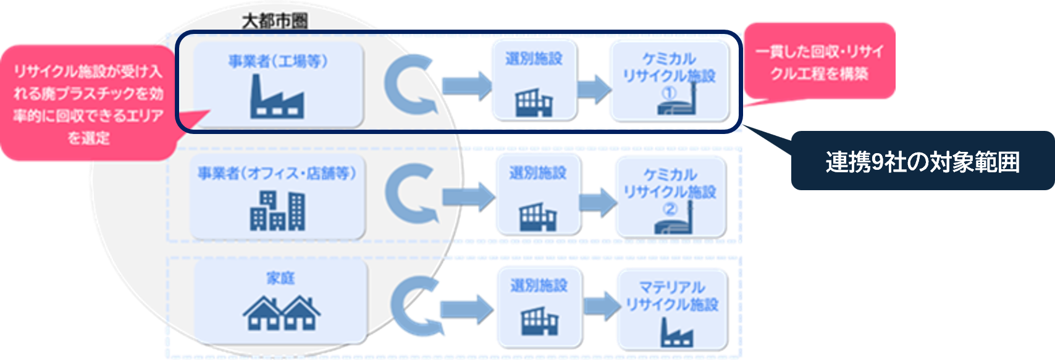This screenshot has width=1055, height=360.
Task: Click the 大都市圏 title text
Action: point(275,21)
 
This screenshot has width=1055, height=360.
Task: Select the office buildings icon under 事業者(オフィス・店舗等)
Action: point(277,211)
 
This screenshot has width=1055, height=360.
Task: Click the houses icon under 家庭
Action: point(281,313)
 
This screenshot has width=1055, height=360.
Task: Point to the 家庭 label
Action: point(280,278)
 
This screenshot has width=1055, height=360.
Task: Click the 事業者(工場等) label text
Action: point(278,61)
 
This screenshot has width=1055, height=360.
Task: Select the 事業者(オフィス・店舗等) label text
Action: point(277,174)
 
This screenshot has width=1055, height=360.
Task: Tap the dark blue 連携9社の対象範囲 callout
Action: point(922,162)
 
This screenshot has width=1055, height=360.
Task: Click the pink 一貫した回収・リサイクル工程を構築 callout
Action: point(819,62)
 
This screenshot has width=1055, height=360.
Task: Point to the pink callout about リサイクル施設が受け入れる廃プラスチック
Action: point(88,104)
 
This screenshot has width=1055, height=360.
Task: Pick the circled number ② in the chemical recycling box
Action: point(670,209)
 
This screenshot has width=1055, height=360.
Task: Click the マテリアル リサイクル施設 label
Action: point(672,296)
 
